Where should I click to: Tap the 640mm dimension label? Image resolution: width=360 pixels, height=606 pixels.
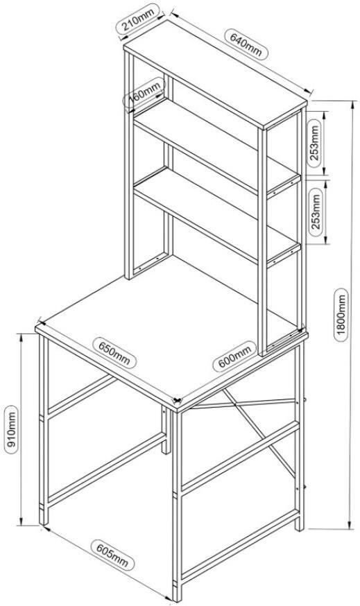(246, 44)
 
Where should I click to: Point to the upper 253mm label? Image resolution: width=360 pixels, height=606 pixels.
(314, 143)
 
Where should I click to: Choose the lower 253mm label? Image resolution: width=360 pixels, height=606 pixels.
(315, 211)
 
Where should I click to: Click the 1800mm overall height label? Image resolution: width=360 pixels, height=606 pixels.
(341, 314)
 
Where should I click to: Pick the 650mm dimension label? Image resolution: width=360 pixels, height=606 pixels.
(114, 352)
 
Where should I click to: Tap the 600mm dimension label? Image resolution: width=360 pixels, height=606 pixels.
(234, 356)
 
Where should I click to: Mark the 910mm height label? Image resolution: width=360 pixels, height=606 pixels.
(12, 429)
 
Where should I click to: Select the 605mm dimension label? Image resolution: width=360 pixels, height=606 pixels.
(112, 555)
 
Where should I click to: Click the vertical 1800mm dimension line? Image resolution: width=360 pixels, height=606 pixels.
(352, 315)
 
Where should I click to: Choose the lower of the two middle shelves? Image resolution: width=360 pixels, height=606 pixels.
(216, 216)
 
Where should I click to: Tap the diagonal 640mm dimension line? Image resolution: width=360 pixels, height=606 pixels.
(241, 52)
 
